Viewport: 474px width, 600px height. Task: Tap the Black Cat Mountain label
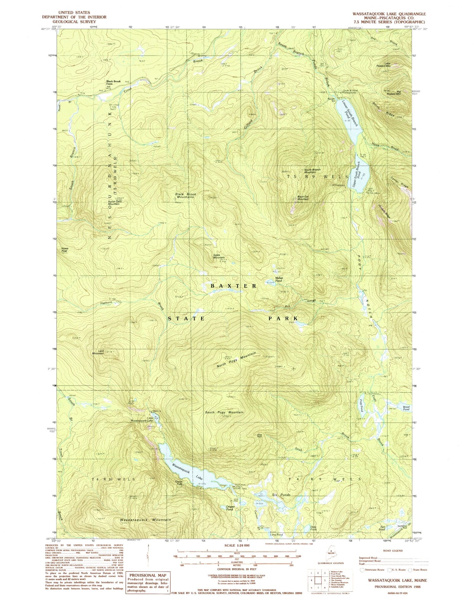303,198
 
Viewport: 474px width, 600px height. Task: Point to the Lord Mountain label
98,352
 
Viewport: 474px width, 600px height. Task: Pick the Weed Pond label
406,408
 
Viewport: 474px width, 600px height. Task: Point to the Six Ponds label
281,495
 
